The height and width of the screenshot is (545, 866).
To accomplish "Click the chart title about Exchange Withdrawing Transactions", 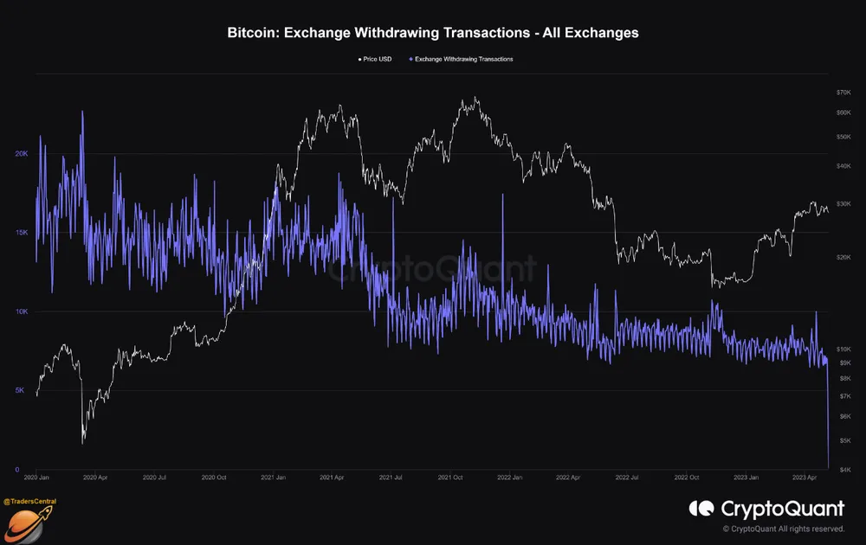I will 433,33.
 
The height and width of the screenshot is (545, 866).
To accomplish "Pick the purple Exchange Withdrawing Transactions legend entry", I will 461,59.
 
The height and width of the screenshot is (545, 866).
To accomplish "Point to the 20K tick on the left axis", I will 22,154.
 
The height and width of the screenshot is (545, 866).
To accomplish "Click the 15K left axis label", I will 22,233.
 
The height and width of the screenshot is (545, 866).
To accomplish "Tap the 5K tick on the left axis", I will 20,391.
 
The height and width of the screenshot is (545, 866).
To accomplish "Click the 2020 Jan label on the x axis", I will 36,477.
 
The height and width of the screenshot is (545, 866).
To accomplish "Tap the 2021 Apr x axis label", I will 333,477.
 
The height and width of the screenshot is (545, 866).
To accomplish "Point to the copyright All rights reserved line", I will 784,529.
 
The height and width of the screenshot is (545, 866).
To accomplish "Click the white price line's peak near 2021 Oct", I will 474,98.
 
